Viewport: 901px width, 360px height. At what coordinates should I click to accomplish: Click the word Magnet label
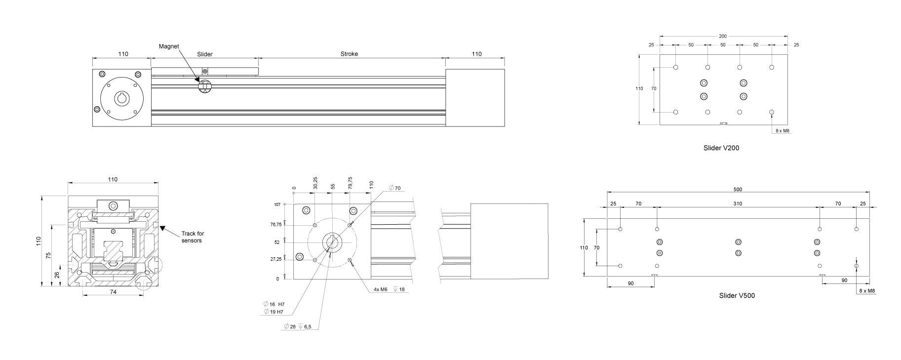click(x=168, y=46)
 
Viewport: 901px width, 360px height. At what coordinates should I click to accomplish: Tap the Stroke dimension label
click(x=349, y=54)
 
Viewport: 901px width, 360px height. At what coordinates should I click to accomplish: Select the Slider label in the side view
click(x=205, y=54)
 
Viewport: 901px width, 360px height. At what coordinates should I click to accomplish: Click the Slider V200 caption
click(x=721, y=148)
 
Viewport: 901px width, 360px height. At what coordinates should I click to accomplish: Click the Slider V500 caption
click(x=737, y=296)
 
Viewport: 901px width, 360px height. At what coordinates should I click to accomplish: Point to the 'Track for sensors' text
click(x=192, y=237)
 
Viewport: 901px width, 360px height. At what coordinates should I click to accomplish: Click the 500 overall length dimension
click(x=738, y=189)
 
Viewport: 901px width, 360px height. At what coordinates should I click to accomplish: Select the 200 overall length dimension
click(x=723, y=36)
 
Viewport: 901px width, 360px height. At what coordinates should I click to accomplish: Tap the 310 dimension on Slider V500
click(x=738, y=203)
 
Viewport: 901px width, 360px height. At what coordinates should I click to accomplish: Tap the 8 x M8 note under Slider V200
click(x=783, y=131)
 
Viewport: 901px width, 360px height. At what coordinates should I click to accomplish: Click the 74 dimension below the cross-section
click(x=113, y=292)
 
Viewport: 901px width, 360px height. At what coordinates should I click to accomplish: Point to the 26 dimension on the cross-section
click(x=57, y=275)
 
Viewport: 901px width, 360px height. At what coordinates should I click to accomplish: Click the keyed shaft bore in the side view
click(x=122, y=98)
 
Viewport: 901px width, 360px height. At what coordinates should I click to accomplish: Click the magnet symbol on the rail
click(x=204, y=87)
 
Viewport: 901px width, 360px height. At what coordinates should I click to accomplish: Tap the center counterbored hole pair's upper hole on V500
click(x=738, y=242)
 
